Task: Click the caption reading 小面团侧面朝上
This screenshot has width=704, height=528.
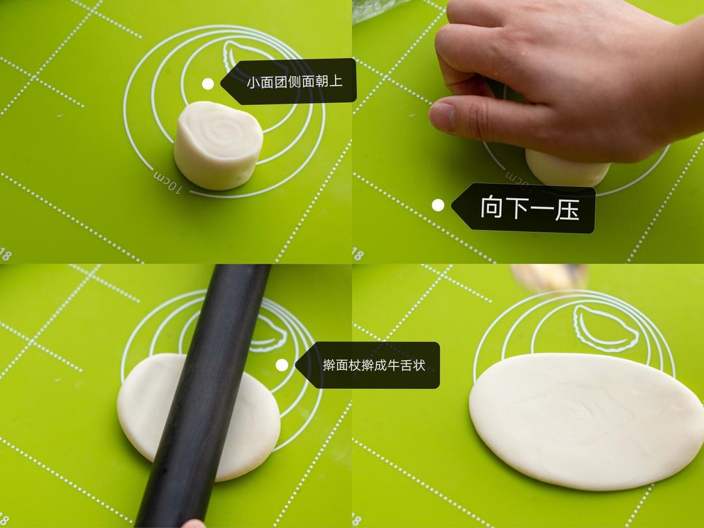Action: point(294,82)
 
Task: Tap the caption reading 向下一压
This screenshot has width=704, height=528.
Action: point(529,209)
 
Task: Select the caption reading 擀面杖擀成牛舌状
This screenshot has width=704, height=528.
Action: point(374,365)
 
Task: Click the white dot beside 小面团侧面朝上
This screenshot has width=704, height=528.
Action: point(208,83)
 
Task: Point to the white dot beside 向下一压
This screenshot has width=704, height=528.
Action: point(438,205)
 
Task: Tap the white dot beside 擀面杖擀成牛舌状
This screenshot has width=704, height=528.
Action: point(282,365)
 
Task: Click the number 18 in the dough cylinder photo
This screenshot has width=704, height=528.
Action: point(7,253)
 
